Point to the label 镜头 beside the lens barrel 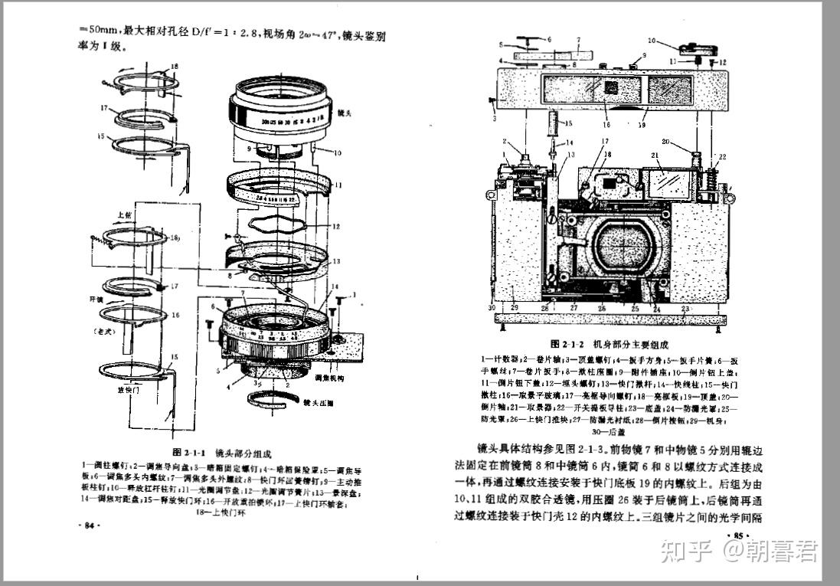344,113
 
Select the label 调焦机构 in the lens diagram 330,378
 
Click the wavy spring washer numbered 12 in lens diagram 283,227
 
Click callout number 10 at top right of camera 652,40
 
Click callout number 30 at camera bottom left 492,308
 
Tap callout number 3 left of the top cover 495,119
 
